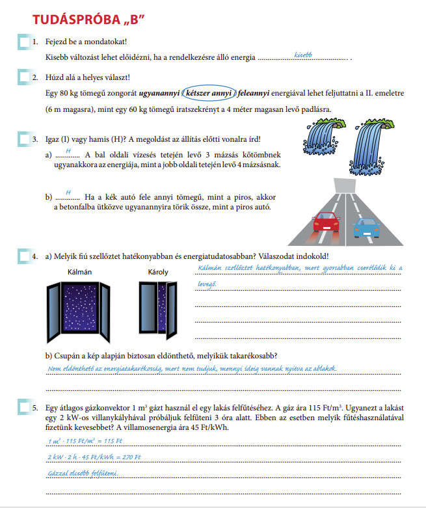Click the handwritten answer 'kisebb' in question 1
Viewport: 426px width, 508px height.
tap(303, 55)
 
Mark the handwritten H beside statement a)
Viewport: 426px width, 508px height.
tap(68, 150)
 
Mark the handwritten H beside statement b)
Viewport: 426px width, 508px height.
tap(68, 192)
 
